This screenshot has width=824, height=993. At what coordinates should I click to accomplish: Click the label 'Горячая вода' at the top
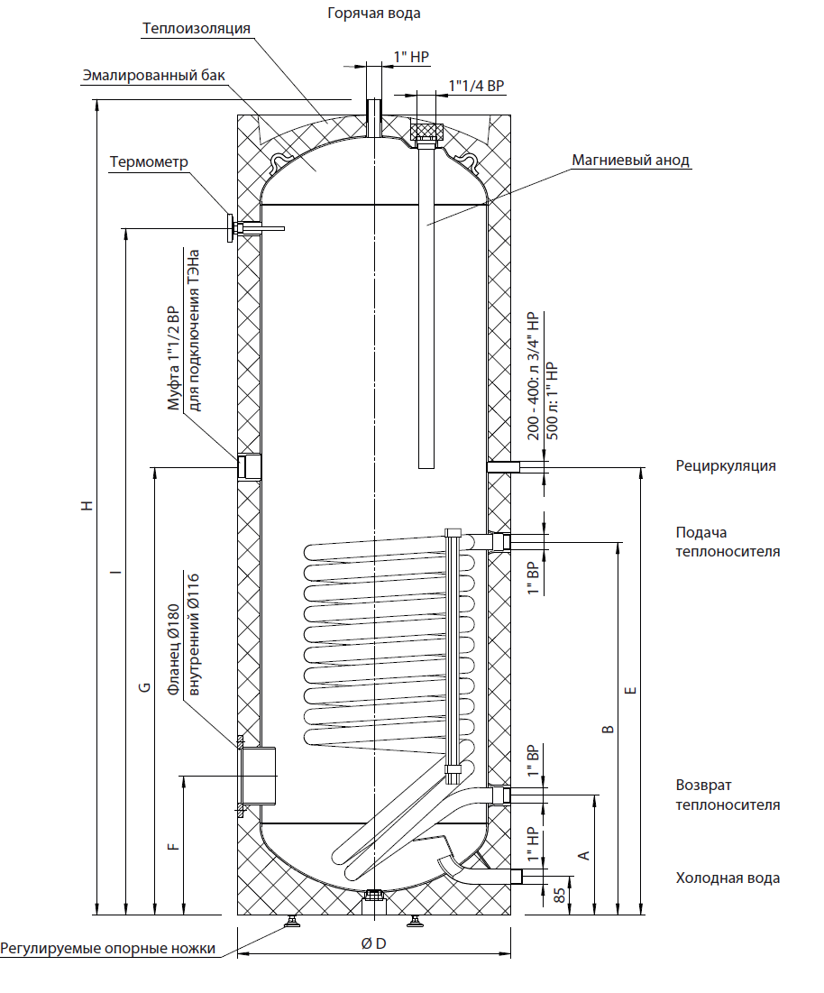(x=373, y=14)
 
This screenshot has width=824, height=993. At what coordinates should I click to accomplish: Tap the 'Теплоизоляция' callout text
(x=197, y=29)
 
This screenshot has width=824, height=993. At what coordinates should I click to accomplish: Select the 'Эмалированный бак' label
(x=154, y=76)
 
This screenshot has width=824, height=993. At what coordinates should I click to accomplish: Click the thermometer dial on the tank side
(x=229, y=227)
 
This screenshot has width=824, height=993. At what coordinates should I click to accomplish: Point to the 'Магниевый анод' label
(x=630, y=161)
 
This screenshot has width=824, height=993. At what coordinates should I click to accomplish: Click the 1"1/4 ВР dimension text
(x=477, y=86)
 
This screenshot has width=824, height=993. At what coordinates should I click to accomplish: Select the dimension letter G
(x=145, y=687)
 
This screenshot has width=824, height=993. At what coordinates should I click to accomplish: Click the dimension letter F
(x=174, y=846)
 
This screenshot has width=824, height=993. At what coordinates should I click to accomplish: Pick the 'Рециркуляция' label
(x=725, y=466)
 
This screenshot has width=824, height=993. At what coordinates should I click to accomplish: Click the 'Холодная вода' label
(x=728, y=878)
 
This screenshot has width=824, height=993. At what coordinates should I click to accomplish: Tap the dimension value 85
(x=560, y=896)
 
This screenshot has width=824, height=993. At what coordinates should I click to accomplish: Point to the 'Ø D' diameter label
(x=373, y=943)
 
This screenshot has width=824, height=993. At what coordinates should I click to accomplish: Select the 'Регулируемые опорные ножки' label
(x=107, y=949)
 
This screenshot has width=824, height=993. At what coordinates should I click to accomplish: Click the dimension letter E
(x=630, y=690)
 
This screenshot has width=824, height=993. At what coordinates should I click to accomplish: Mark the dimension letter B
(x=609, y=729)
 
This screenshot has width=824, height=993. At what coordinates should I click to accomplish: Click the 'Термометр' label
(x=149, y=162)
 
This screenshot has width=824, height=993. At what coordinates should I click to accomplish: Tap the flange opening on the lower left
(x=258, y=777)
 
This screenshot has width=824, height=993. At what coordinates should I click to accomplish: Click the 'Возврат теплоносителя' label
(x=728, y=795)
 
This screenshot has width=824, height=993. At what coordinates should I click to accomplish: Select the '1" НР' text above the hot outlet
(x=411, y=57)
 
